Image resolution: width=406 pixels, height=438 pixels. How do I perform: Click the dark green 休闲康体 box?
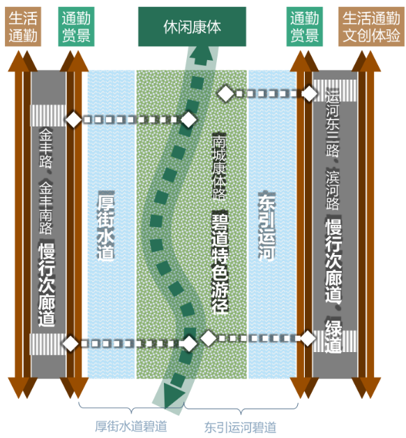[x=192, y=27]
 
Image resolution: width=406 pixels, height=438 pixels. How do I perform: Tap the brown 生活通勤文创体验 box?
[x=371, y=27]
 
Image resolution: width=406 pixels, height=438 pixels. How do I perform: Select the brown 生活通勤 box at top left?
[x=23, y=27]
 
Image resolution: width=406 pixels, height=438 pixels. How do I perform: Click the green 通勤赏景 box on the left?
[x=76, y=27]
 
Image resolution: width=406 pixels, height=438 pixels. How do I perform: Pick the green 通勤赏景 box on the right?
[x=305, y=27]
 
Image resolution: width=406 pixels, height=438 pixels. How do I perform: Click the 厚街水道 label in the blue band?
[x=106, y=226]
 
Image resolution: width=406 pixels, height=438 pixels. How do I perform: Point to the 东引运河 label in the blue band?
[x=266, y=226]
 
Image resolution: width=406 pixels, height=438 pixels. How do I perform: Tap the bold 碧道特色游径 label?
[x=220, y=263]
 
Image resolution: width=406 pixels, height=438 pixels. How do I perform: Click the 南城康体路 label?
[x=219, y=167]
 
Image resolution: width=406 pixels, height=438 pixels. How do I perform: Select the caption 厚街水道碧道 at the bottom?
[x=131, y=426]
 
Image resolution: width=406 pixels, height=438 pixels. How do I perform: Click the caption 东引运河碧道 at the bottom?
[x=240, y=427]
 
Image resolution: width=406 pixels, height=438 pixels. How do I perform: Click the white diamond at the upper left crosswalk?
[x=73, y=119]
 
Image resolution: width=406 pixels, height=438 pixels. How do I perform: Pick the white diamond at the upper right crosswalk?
[x=310, y=94]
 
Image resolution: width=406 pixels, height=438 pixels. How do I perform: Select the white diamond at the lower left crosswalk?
[x=70, y=343]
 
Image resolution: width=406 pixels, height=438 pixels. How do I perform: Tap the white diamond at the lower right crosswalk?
[x=308, y=338]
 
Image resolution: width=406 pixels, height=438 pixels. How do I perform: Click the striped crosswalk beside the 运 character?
[x=335, y=91]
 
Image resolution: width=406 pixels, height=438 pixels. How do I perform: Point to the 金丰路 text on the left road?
[x=45, y=147]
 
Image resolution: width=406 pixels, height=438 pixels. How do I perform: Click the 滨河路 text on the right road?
[x=333, y=189]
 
